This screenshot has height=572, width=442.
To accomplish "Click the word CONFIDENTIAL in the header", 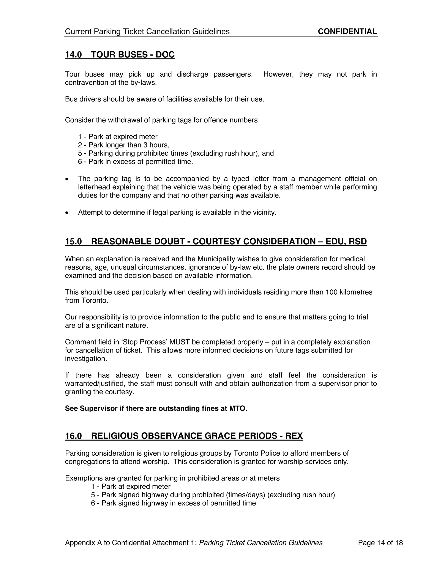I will point(347,32).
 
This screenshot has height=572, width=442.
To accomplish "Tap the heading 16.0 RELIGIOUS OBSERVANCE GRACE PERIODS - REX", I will point(184,436).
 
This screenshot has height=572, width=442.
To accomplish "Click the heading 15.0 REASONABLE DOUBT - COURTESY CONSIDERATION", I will point(216,241).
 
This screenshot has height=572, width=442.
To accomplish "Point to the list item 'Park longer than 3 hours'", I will point(124,145).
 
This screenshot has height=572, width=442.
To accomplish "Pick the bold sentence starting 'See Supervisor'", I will point(156,408).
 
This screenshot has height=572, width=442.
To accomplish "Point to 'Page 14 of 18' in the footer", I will point(380,543).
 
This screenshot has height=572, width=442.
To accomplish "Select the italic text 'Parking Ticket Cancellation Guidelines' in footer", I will point(261,543).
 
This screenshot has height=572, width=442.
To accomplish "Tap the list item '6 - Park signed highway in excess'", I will point(173,503).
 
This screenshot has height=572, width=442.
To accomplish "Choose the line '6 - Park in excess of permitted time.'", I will point(135,162).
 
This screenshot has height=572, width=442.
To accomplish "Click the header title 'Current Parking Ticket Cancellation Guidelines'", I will point(147,32).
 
